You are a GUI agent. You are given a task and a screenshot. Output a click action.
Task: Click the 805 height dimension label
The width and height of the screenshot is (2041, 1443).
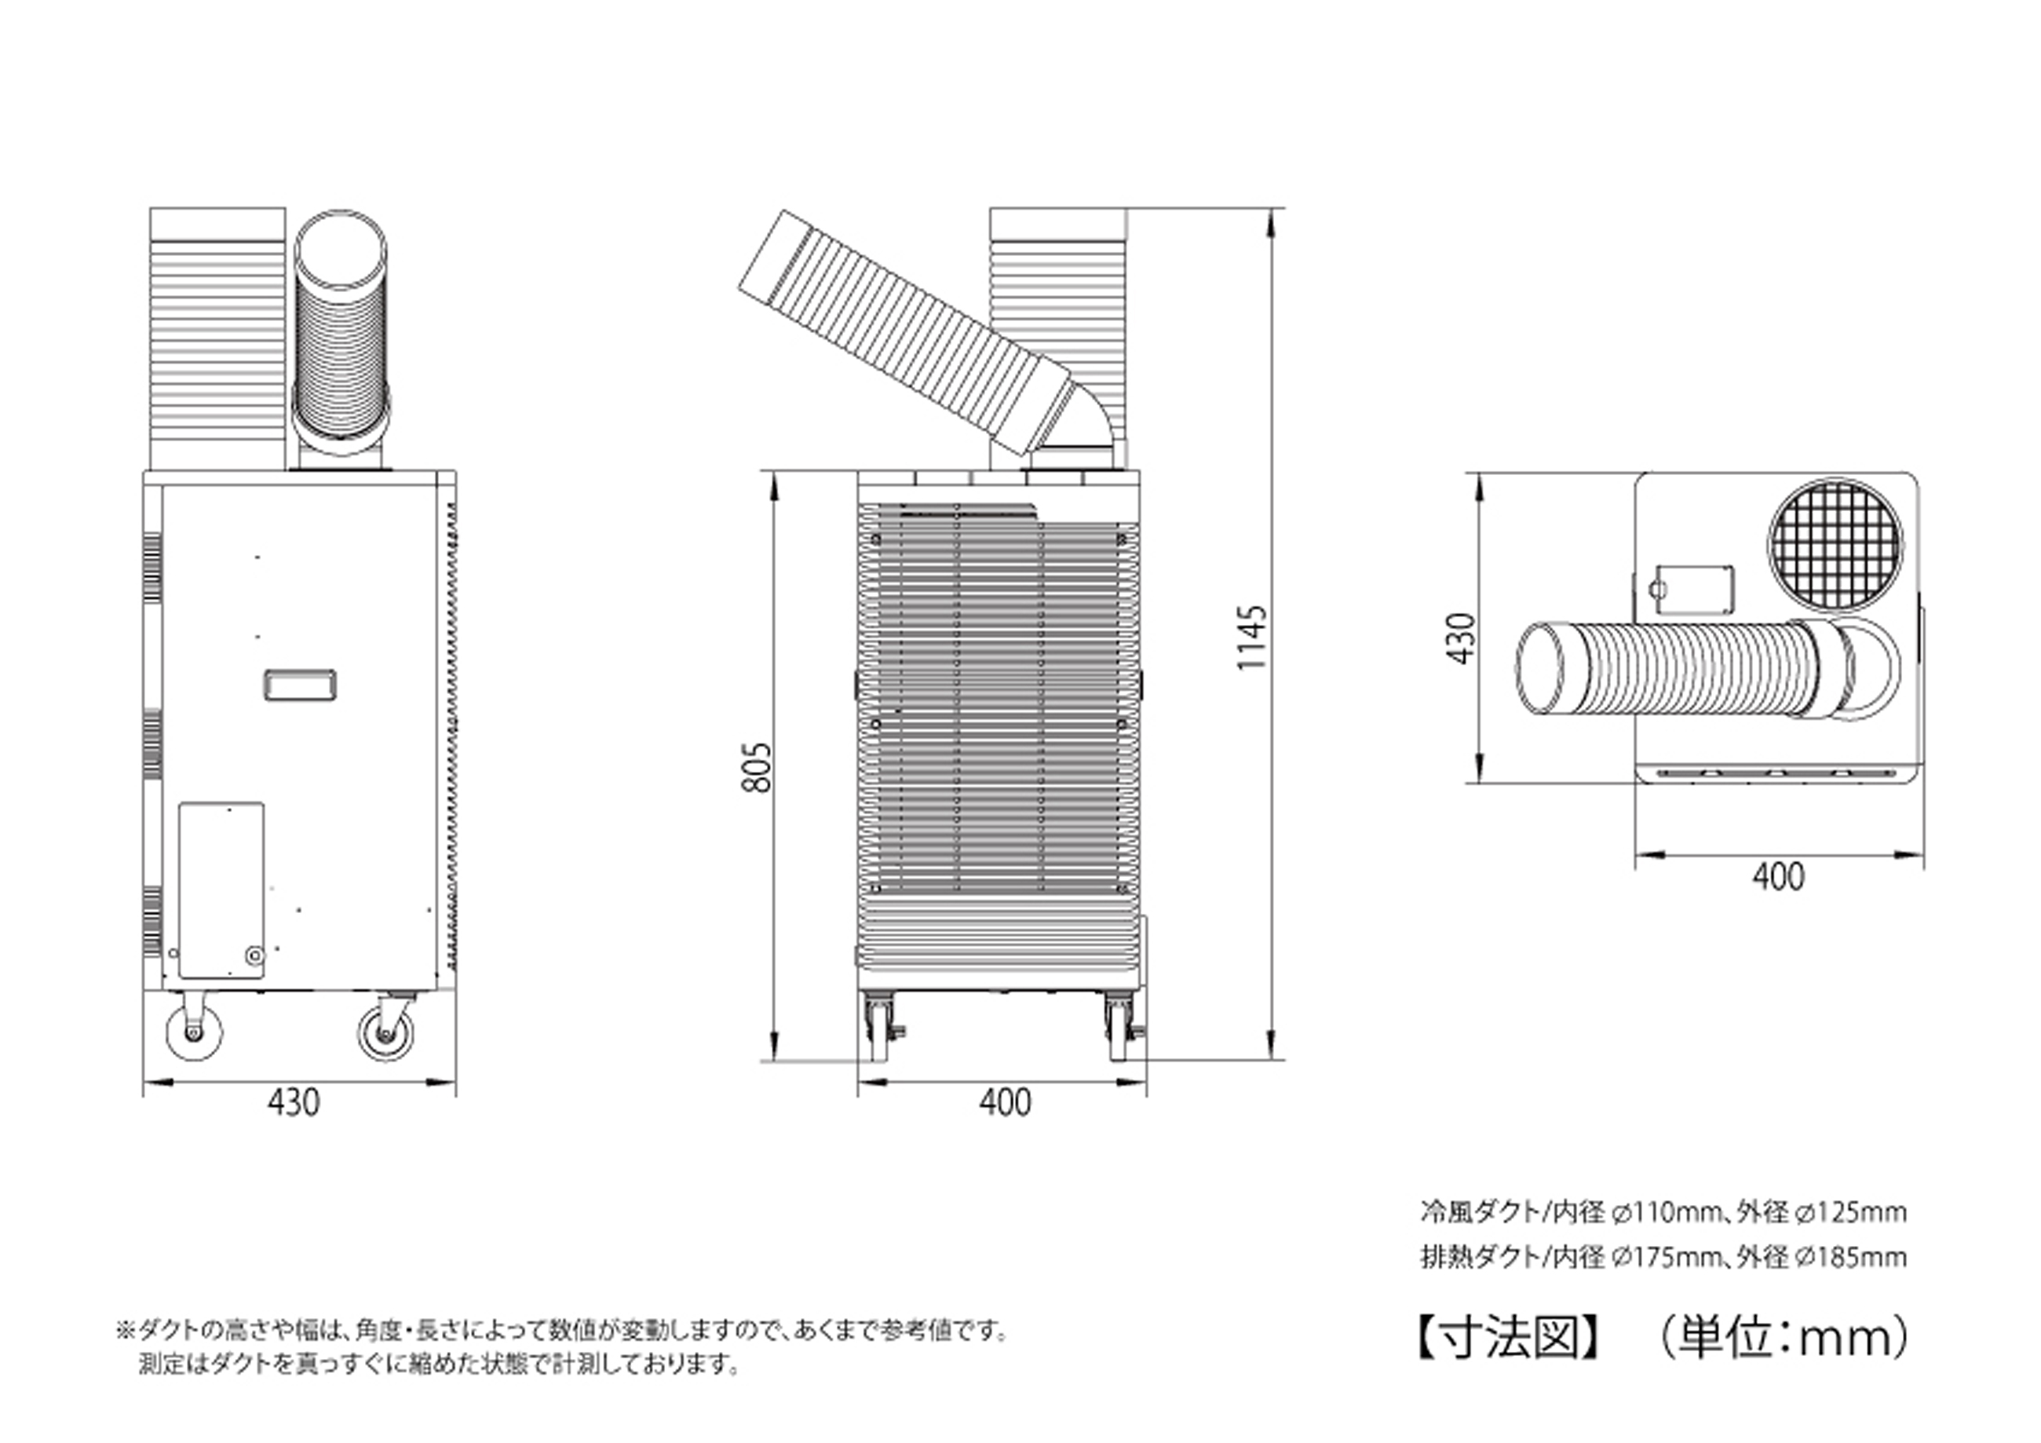click(x=758, y=766)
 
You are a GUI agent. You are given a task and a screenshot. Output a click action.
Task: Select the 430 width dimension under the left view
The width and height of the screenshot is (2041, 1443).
click(x=294, y=1102)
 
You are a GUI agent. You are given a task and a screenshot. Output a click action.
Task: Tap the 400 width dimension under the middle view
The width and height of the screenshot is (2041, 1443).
click(x=1006, y=1102)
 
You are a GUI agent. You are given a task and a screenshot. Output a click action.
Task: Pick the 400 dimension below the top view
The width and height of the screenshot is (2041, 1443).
click(x=1778, y=877)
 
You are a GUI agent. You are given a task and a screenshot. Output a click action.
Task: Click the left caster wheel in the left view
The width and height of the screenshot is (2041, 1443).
click(x=195, y=1032)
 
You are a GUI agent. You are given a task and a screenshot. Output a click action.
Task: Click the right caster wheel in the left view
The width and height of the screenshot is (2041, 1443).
click(x=385, y=1034)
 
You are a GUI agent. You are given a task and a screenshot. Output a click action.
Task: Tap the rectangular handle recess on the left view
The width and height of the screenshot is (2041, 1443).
click(x=300, y=685)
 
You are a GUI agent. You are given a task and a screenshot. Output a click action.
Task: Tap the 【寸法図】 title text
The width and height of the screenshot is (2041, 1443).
click(x=1509, y=1338)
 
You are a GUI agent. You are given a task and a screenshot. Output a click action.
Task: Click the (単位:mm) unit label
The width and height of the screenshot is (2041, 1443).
click(x=1781, y=1338)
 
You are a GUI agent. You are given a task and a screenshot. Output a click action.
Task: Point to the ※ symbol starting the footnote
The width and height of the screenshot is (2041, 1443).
click(x=125, y=1331)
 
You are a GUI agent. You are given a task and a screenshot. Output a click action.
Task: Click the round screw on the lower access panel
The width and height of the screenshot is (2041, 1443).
click(x=254, y=955)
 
